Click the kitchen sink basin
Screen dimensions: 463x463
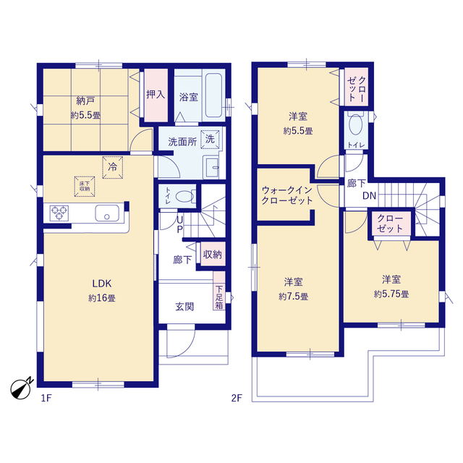107,213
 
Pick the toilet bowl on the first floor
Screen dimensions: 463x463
185,195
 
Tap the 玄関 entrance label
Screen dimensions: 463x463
184,306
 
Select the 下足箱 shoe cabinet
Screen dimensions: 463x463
218,296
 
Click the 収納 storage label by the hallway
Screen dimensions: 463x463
212,254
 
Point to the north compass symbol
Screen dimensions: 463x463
22,387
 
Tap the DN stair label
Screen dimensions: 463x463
369,196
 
